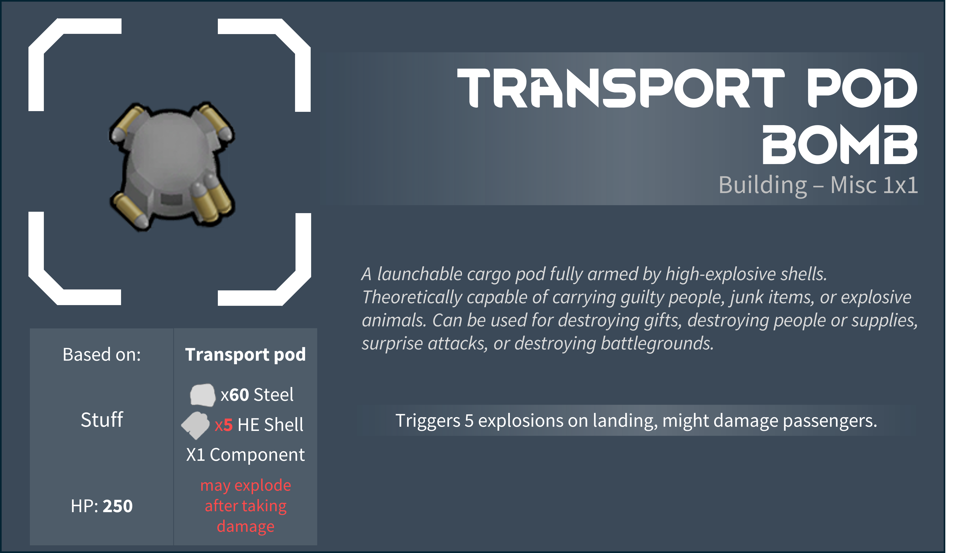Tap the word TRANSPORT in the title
point(621,88)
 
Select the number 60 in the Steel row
point(239,395)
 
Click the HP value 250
point(118,506)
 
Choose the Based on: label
point(102,355)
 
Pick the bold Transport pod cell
point(245,355)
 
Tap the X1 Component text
point(245,455)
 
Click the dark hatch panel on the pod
point(171,199)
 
